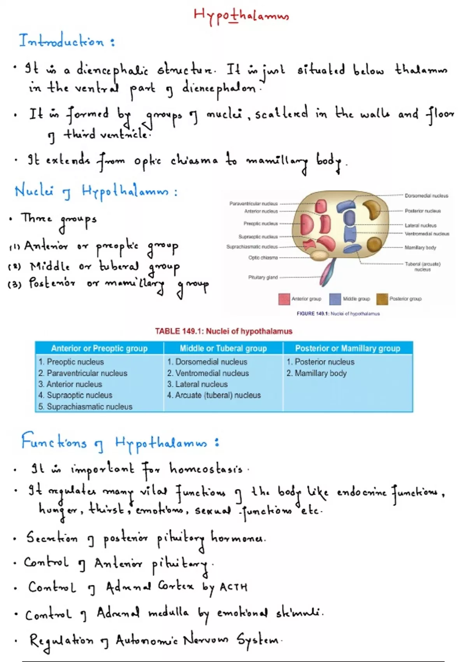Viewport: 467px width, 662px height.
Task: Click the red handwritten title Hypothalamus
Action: [241, 16]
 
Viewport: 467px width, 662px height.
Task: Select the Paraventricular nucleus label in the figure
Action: [253, 204]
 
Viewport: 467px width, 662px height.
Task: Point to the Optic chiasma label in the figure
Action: [263, 258]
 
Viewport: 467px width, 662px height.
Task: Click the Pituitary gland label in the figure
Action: [263, 278]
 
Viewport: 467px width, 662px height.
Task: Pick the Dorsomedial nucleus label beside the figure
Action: [426, 196]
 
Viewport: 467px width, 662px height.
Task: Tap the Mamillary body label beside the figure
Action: [420, 248]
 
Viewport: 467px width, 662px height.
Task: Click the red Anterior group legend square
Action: [284, 299]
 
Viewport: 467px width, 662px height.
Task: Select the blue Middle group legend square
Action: [335, 299]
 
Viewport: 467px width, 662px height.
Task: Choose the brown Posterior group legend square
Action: [382, 299]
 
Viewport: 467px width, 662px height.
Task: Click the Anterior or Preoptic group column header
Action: [99, 349]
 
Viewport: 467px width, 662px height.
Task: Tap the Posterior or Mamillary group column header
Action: [348, 349]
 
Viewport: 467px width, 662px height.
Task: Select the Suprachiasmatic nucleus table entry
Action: [90, 407]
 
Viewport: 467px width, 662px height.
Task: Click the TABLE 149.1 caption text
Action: [223, 331]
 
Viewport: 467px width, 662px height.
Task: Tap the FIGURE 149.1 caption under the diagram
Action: [338, 314]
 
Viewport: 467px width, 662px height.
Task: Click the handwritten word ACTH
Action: [233, 587]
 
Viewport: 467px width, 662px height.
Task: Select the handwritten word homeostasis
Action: [206, 469]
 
